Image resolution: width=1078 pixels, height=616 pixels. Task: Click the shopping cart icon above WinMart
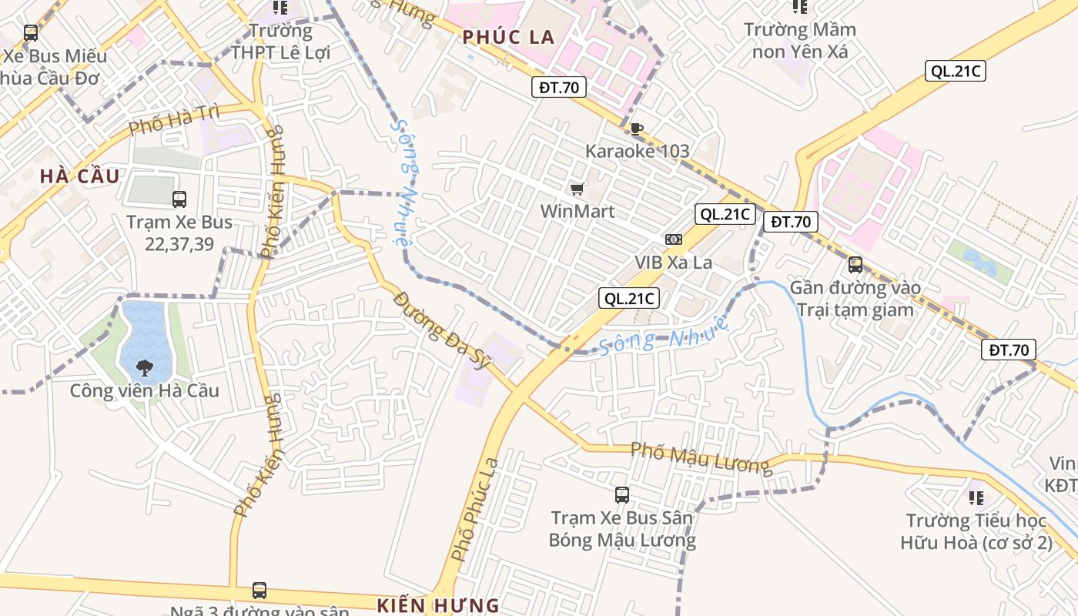point(577,189)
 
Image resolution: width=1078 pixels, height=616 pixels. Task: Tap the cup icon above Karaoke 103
point(636,129)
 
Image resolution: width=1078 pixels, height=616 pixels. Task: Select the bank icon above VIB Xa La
point(674,239)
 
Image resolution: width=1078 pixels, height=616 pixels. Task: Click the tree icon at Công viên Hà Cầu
point(144,368)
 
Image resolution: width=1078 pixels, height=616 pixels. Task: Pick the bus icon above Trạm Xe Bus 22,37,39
point(179,199)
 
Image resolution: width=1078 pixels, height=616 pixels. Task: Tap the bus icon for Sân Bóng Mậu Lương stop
point(622,495)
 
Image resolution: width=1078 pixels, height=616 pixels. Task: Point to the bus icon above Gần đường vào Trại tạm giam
point(855,265)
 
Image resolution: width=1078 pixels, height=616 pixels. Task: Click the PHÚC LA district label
point(508,37)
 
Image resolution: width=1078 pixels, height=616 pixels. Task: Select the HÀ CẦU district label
point(80,176)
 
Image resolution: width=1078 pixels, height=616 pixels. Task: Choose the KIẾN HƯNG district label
point(438,604)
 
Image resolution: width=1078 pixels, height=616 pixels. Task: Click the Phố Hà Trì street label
point(174,119)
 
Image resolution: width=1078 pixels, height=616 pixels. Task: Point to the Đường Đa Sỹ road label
point(442,330)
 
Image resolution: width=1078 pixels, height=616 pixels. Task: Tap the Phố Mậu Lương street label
point(700,457)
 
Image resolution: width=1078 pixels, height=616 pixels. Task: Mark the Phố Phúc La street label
point(475,510)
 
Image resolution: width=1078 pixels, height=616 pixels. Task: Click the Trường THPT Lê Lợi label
point(281,42)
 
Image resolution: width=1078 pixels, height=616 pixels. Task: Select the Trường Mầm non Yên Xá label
point(800,41)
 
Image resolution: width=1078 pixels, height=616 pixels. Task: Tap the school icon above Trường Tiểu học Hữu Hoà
point(976,497)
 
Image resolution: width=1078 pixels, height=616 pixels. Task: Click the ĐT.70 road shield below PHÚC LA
point(559,88)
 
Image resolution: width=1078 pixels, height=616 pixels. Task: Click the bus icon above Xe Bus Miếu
point(31,33)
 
